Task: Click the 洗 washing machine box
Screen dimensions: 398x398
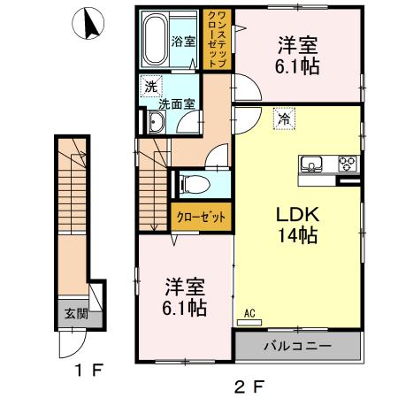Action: [150, 87]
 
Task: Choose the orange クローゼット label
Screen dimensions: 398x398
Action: [196, 216]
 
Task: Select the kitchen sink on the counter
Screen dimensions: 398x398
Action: [314, 164]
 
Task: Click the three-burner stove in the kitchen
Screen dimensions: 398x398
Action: [346, 164]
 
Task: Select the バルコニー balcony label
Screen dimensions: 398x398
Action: [298, 344]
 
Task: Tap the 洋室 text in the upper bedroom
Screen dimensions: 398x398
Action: [297, 45]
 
